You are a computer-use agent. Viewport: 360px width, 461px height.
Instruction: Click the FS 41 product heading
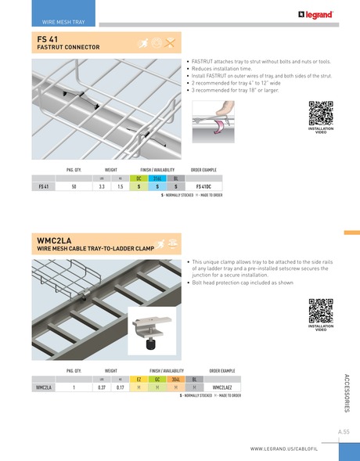[47, 38]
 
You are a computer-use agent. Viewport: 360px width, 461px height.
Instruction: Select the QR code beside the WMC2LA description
[321, 311]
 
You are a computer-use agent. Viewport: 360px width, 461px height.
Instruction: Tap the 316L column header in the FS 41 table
[157, 178]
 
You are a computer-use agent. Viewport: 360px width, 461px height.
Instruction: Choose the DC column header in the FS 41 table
[139, 178]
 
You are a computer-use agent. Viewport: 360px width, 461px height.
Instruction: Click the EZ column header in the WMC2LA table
[139, 378]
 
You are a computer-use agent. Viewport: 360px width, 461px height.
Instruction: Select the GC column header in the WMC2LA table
[157, 378]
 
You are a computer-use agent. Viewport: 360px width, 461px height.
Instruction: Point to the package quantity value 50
[74, 187]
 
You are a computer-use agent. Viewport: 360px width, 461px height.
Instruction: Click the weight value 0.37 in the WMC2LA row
[102, 387]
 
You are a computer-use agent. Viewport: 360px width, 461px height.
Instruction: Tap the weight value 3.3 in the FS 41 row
[103, 187]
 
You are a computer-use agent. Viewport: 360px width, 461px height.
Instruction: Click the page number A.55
[344, 431]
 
